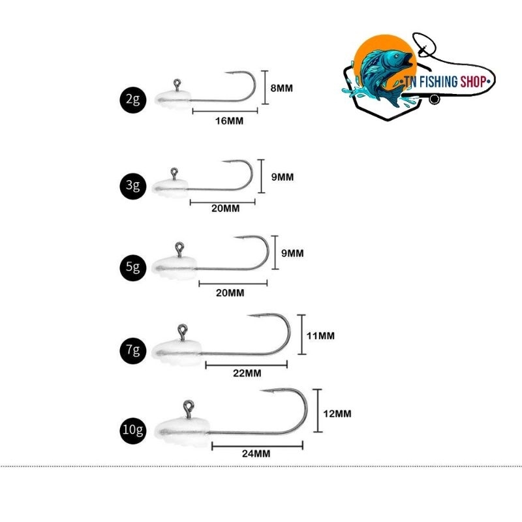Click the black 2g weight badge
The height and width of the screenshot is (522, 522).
click(x=133, y=100)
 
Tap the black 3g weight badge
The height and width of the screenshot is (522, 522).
click(x=133, y=185)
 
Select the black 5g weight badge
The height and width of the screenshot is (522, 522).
click(x=133, y=268)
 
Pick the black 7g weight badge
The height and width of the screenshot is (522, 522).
click(x=133, y=350)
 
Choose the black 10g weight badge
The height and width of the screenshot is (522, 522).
click(x=133, y=430)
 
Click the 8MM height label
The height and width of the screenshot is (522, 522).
click(x=282, y=88)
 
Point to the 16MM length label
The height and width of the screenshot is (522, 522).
click(x=229, y=121)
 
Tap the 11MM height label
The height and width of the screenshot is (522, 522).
click(x=320, y=335)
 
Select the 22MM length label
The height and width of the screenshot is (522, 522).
click(x=247, y=373)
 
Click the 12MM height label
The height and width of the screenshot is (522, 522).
click(x=337, y=414)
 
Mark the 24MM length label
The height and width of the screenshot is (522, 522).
click(x=256, y=453)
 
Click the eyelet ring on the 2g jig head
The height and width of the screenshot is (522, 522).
click(x=177, y=82)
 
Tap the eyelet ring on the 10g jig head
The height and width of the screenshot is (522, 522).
click(x=189, y=405)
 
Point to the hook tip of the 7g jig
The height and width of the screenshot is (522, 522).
click(x=248, y=315)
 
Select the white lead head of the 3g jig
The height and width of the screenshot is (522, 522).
click(x=170, y=188)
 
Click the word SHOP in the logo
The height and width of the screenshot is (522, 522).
click(x=473, y=82)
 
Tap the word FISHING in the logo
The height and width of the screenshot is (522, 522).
click(x=438, y=82)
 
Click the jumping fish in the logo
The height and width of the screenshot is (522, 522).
click(x=383, y=75)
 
